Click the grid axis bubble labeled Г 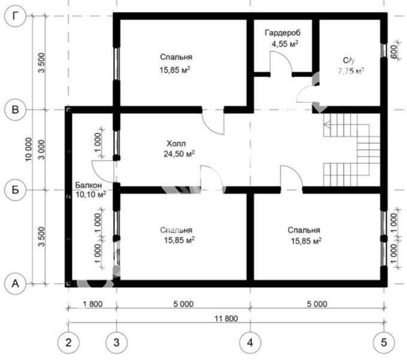[16, 16]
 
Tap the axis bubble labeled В [16, 109]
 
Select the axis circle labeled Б [16, 190]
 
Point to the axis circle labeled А [16, 283]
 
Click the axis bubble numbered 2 [68, 343]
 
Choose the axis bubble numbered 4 [250, 343]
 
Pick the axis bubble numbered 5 [384, 343]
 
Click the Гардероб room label [283, 33]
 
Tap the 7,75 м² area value [351, 71]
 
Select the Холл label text [176, 143]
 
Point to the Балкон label [89, 185]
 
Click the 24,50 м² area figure [179, 154]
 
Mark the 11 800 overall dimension [226, 319]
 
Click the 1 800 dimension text [93, 304]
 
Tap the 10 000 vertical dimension [29, 149]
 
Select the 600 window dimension [393, 52]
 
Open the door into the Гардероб [282, 63]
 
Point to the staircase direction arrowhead [327, 125]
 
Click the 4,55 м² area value [285, 44]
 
